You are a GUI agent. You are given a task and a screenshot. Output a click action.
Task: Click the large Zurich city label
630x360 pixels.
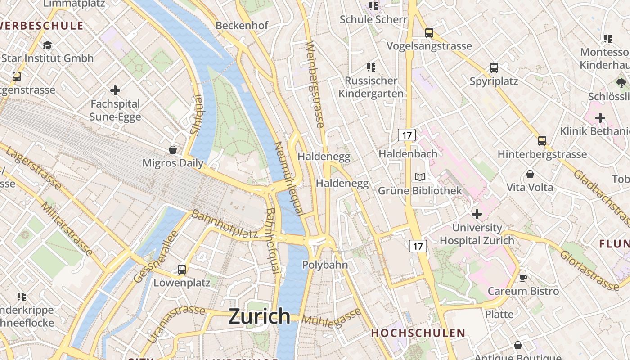[259, 316]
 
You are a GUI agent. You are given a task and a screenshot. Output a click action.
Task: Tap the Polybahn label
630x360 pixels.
[325, 265]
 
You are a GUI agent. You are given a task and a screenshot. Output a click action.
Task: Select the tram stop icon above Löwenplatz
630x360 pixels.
[182, 270]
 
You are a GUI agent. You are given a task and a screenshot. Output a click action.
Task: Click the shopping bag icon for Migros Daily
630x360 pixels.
[173, 149]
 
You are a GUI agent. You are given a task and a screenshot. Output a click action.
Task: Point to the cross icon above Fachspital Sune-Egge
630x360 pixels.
[115, 90]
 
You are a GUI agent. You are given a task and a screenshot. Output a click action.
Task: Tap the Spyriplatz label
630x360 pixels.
[494, 81]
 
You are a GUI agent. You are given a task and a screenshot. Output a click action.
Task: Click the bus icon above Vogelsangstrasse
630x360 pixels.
[429, 32]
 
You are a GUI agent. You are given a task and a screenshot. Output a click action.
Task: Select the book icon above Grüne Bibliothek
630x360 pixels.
[420, 177]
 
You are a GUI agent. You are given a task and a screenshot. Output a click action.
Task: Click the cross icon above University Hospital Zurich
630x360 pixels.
[477, 214]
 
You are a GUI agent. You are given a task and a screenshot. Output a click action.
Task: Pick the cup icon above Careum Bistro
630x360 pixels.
[523, 278]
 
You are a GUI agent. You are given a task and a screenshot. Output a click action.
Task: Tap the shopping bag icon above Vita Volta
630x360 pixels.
[530, 174]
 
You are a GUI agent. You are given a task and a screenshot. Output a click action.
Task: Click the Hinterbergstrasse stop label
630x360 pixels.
[542, 154]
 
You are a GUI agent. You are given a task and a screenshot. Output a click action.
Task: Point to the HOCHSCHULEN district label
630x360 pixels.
[418, 333]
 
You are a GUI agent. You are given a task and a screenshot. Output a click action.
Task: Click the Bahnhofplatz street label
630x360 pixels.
[225, 224]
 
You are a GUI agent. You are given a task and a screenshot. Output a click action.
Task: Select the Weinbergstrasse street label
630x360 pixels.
[315, 84]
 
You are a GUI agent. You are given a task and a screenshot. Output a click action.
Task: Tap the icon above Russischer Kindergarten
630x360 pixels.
[371, 67]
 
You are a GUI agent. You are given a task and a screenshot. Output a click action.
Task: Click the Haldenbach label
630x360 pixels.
[408, 153]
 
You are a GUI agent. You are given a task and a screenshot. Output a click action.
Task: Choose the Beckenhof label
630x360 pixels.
[242, 26]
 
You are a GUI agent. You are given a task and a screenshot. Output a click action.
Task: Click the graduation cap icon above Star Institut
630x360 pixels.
[47, 45]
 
